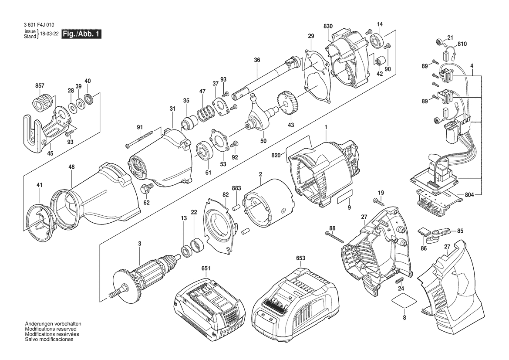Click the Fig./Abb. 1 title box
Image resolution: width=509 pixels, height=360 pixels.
81,34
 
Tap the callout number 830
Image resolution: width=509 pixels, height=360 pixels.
328,26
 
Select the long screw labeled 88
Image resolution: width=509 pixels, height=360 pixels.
334,237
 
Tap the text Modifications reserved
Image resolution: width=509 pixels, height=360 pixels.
51,329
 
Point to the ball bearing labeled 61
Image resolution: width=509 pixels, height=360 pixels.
205,151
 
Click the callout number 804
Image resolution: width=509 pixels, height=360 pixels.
469,195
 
